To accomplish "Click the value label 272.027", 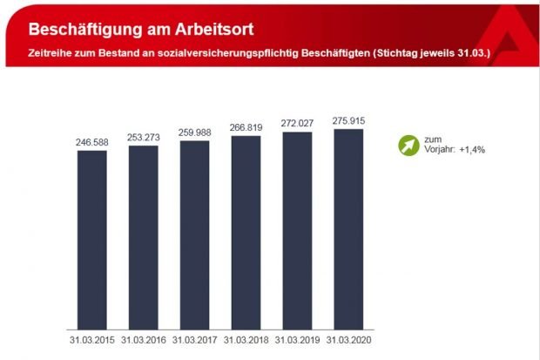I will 297,122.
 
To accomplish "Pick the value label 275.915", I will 348,119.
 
